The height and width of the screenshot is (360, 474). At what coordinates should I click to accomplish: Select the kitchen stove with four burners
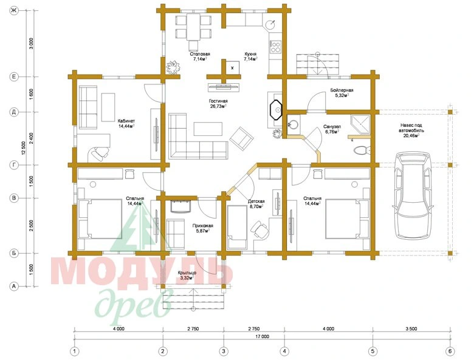pyautogui.click(x=275, y=47)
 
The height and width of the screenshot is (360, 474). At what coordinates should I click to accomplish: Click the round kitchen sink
pyautogui.click(x=270, y=24)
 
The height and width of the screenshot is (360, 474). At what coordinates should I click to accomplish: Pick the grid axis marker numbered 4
pyautogui.click(x=284, y=352)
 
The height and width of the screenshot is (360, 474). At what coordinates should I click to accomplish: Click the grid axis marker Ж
pyautogui.click(x=13, y=11)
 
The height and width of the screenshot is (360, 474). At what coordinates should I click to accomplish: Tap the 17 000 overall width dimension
pyautogui.click(x=262, y=336)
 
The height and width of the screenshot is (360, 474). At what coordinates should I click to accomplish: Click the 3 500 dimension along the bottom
pyautogui.click(x=411, y=329)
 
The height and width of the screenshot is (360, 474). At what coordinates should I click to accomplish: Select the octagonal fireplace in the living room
pyautogui.click(x=275, y=110)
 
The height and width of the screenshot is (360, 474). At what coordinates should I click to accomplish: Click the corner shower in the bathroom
pyautogui.click(x=361, y=124)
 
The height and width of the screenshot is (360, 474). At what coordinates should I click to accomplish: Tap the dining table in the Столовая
pyautogui.click(x=193, y=27)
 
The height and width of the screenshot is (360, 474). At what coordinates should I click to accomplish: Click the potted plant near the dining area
pyautogui.click(x=173, y=67)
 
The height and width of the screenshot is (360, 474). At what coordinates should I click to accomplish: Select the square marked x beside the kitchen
pyautogui.click(x=233, y=68)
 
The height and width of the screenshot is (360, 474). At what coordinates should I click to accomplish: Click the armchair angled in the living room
pyautogui.click(x=241, y=138)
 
